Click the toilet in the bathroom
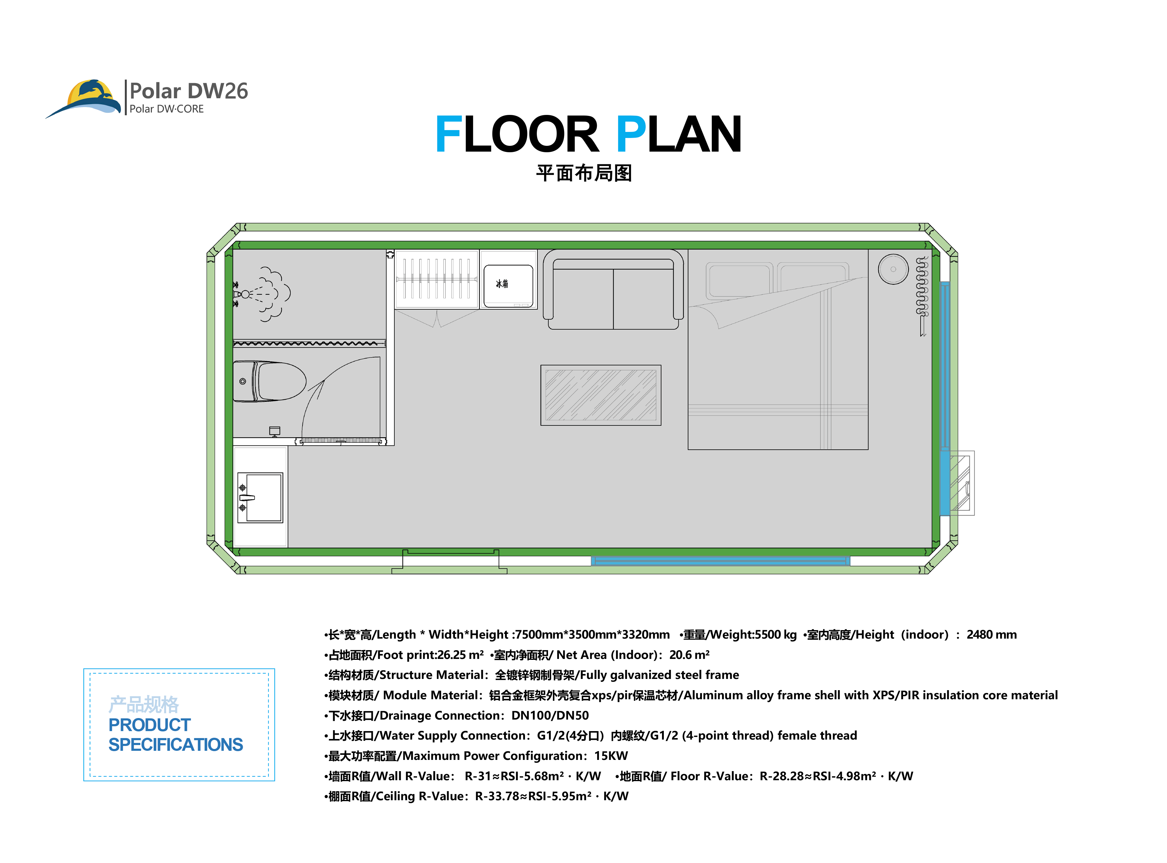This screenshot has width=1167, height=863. click(269, 381)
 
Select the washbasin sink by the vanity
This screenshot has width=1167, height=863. click(260, 497)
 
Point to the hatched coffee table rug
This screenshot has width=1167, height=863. click(600, 395)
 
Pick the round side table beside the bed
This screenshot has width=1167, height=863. click(893, 269)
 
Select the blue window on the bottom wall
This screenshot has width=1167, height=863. click(721, 561)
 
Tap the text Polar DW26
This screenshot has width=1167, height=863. click(189, 91)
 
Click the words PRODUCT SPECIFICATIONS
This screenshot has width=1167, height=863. click(176, 734)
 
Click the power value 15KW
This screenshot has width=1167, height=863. click(611, 756)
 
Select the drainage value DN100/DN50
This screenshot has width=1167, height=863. click(550, 716)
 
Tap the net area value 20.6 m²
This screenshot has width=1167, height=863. click(689, 655)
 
